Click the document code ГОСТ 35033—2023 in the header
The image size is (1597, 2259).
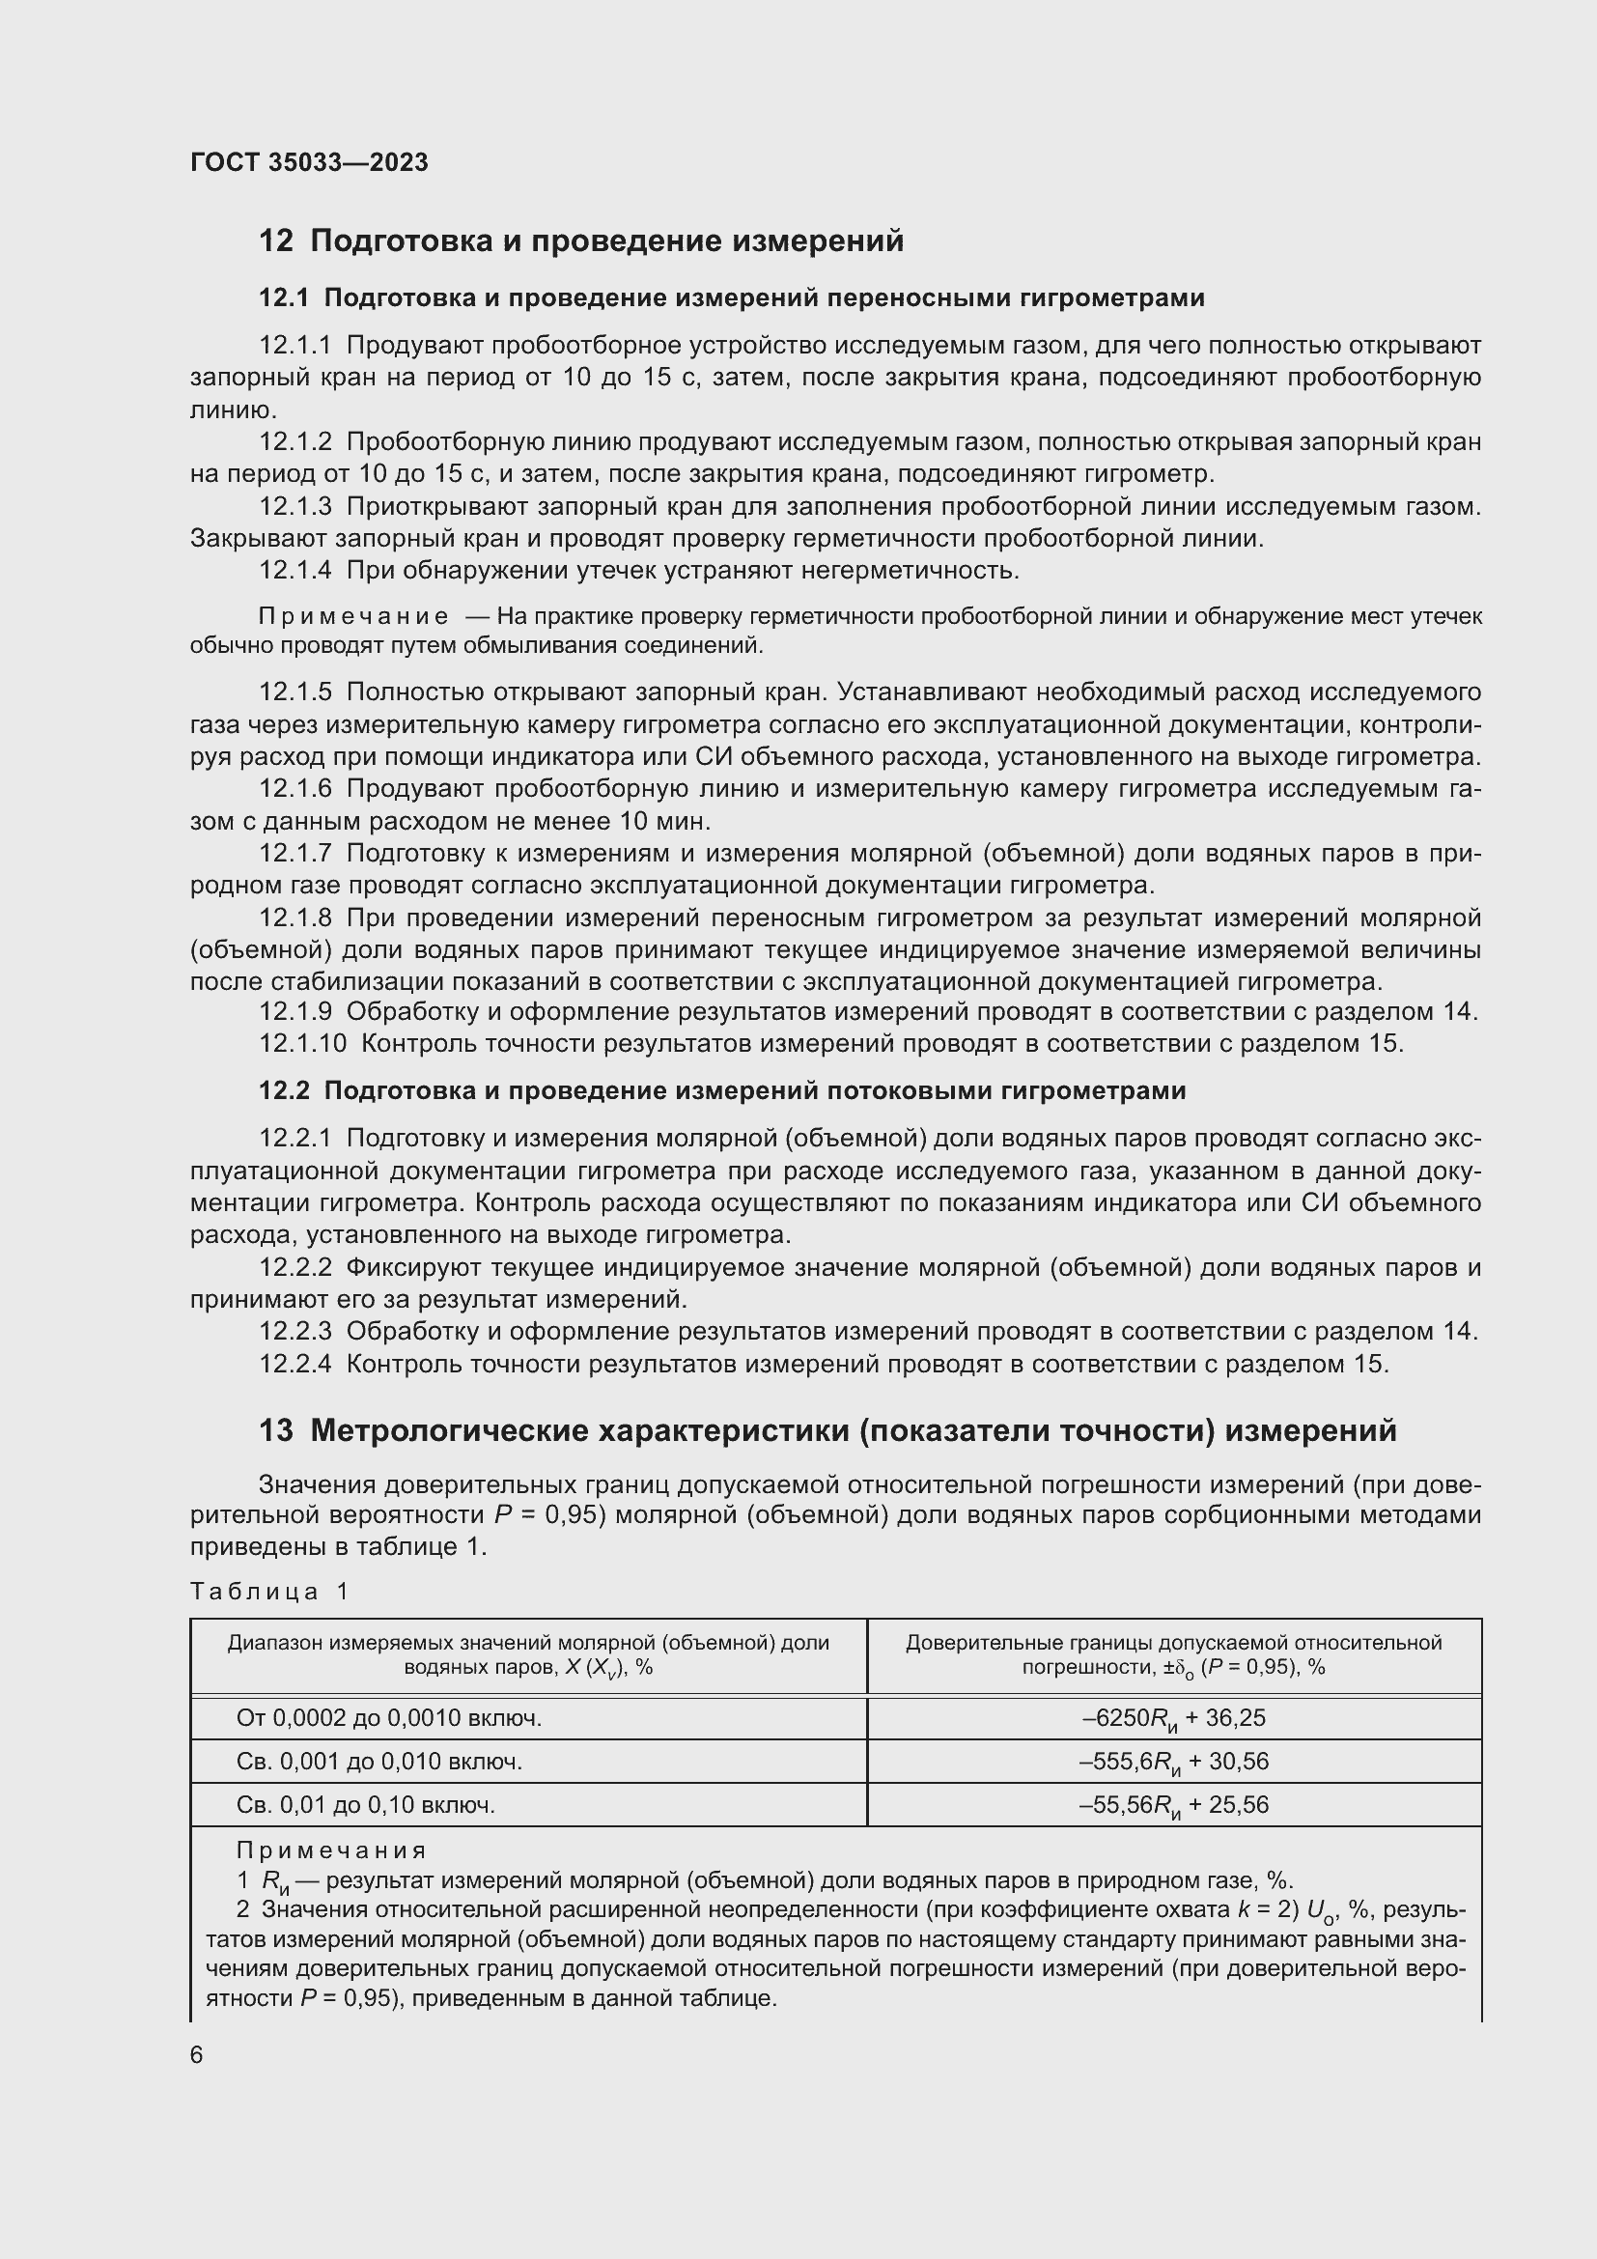coord(309,162)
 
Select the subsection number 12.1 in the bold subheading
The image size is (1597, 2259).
coord(284,298)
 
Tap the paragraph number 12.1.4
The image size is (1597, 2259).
coord(295,571)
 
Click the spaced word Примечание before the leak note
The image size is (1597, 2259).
coord(353,617)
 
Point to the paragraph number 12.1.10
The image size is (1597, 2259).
coord(302,1044)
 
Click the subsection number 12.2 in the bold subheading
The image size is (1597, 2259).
coord(284,1091)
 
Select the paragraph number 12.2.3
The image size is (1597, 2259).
coord(295,1332)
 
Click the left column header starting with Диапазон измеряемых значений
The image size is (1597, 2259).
coord(528,1655)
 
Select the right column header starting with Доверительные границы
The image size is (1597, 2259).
coord(1173,1655)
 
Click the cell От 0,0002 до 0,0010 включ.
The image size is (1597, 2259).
coord(389,1718)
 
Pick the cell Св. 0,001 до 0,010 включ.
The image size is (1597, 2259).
coord(379,1762)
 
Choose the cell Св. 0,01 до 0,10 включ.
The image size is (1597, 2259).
coord(366,1804)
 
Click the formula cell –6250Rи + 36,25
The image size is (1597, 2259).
coord(1173,1719)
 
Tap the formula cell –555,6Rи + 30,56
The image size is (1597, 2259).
coord(1173,1763)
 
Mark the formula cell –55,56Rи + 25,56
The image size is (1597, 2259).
coord(1173,1805)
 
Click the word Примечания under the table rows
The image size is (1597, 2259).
coord(331,1850)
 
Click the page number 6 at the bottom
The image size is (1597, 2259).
coord(197,2055)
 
